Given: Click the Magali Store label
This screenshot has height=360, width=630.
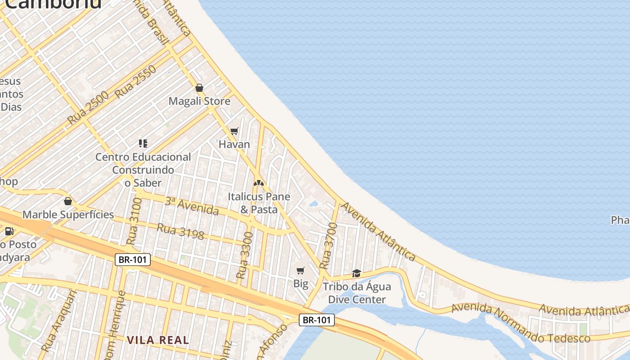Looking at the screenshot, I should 199,101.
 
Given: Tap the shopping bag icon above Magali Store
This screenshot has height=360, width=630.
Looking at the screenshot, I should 199,88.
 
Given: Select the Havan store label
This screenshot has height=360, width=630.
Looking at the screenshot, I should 234,144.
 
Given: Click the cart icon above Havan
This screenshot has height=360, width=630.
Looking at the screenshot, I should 234,131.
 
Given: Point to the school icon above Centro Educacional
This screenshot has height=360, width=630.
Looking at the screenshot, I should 143,144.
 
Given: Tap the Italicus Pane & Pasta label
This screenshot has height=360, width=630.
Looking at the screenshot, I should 259,203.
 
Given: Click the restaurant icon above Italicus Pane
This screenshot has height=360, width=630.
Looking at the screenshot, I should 258,183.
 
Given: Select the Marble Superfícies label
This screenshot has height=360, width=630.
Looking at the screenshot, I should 68,214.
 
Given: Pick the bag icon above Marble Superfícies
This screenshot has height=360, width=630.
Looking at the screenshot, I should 68,201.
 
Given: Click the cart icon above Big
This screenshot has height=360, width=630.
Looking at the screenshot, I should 301,270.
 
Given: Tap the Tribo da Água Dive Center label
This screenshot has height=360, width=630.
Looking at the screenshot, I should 357,293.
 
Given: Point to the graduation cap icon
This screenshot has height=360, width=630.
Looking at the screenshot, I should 357,273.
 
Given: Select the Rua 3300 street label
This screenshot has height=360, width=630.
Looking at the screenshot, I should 245,255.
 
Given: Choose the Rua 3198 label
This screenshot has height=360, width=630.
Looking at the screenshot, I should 180,231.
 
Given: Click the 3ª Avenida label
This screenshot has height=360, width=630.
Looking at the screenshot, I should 192,206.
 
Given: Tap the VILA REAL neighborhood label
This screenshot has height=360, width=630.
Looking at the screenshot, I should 158,340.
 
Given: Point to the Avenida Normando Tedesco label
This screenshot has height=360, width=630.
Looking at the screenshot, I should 521,323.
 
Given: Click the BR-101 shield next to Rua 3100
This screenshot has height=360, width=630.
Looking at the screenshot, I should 132,260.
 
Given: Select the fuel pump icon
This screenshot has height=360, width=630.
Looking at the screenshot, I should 9,231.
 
